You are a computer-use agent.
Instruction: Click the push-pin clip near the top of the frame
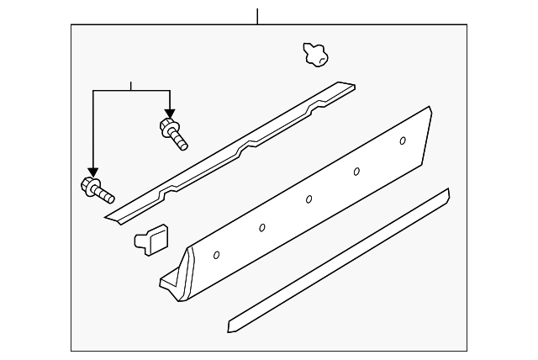[314, 55]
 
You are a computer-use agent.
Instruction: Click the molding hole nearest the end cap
[218, 254]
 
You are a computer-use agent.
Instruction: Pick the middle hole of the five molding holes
[309, 199]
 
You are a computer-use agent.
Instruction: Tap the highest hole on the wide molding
[403, 140]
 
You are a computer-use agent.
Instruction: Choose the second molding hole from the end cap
[262, 227]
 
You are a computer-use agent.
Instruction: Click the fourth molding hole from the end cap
[356, 171]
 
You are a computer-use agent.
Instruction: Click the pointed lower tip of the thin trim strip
[230, 326]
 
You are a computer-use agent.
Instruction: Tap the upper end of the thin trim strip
[446, 196]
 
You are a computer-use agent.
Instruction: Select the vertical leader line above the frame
[257, 15]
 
